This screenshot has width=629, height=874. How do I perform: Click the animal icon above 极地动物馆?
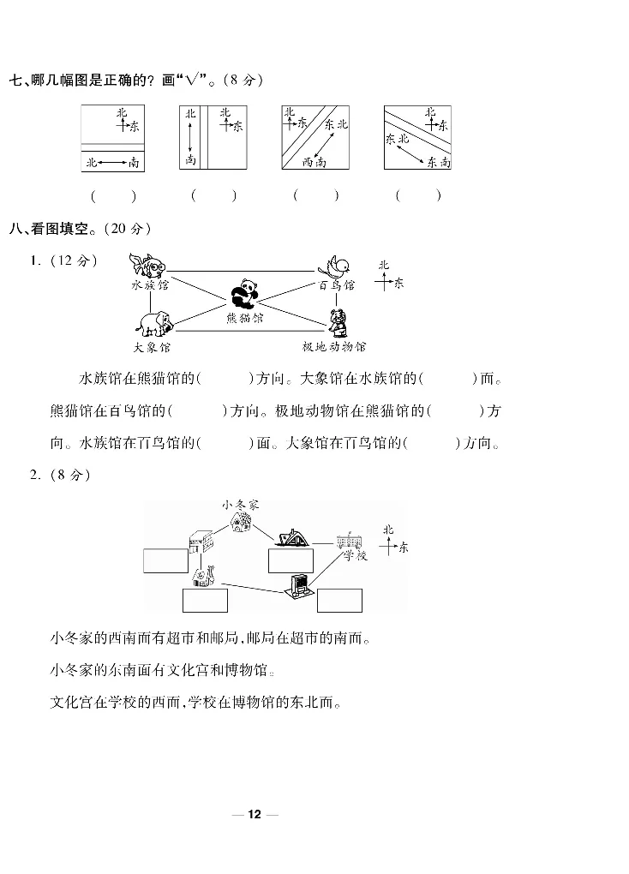click(337, 321)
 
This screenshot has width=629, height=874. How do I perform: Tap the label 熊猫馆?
click(245, 318)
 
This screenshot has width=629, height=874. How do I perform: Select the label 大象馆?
click(152, 347)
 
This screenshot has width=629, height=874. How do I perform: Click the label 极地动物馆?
click(334, 347)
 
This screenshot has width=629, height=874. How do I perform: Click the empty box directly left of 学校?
click(291, 560)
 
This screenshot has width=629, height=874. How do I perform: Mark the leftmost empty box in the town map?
click(165, 560)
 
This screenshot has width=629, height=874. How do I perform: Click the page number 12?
click(254, 814)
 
